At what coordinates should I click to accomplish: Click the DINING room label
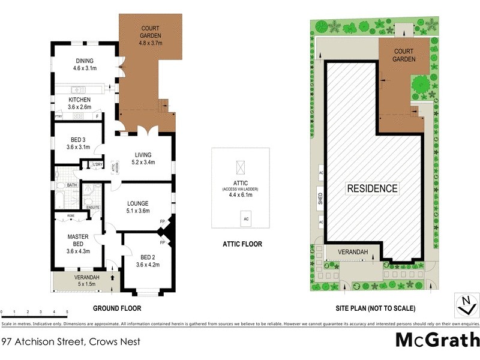(x=85, y=64)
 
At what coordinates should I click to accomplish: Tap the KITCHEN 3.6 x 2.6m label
(x=80, y=103)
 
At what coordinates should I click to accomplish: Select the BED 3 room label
(x=78, y=143)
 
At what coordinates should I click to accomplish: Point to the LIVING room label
(x=142, y=158)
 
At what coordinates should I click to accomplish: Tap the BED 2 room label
(x=147, y=260)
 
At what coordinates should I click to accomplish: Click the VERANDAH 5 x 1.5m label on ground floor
(x=83, y=281)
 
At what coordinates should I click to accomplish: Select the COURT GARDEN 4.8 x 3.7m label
(x=151, y=36)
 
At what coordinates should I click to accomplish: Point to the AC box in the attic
(x=245, y=219)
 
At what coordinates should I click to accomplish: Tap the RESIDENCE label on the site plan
(x=373, y=188)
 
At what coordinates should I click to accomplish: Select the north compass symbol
(x=463, y=305)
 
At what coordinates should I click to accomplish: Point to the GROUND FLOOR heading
(x=117, y=308)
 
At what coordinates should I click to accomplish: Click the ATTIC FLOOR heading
(x=242, y=244)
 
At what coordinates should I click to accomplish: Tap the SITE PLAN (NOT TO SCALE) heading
(x=375, y=308)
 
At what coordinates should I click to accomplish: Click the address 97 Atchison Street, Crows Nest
(x=71, y=342)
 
